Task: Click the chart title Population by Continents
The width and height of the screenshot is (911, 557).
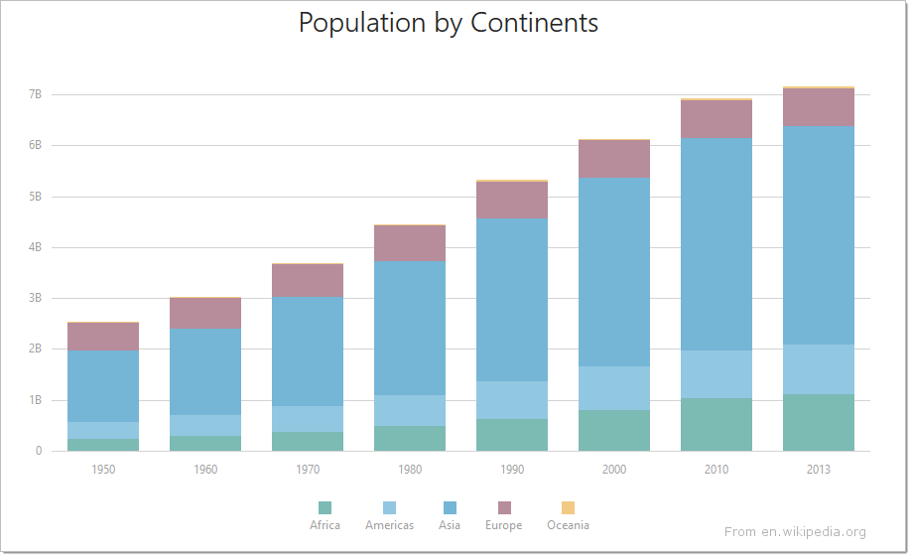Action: pyautogui.click(x=449, y=23)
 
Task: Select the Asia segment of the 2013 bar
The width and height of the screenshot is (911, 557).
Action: pyautogui.click(x=819, y=235)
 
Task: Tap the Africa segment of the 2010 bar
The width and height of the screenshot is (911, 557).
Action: pyautogui.click(x=716, y=424)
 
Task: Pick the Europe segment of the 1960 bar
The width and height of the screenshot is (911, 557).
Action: pyautogui.click(x=205, y=313)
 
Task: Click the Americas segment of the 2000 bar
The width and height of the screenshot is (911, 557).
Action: pyautogui.click(x=614, y=388)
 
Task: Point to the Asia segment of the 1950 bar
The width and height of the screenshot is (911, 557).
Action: pyautogui.click(x=103, y=386)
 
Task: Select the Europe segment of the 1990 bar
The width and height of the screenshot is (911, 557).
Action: pyautogui.click(x=512, y=200)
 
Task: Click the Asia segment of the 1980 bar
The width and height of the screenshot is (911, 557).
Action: pyautogui.click(x=410, y=328)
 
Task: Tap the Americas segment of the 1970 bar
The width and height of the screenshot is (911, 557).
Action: pyautogui.click(x=308, y=419)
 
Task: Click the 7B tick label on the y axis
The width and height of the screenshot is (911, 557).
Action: pyautogui.click(x=35, y=94)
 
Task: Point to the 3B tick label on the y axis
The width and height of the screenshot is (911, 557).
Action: pyautogui.click(x=35, y=298)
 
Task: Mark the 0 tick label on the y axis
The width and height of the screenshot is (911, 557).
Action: pyautogui.click(x=39, y=451)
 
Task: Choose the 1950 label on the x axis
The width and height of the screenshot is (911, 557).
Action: pyautogui.click(x=103, y=470)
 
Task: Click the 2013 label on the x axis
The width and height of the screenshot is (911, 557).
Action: pyautogui.click(x=819, y=470)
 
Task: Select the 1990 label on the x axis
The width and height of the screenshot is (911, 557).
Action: pyautogui.click(x=512, y=470)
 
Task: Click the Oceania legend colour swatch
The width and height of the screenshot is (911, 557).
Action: pyautogui.click(x=568, y=507)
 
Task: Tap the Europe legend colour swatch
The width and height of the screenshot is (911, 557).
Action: pyautogui.click(x=503, y=507)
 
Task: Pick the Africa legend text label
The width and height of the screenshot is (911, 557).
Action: pyautogui.click(x=325, y=525)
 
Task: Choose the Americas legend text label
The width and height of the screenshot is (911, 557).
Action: pyautogui.click(x=389, y=525)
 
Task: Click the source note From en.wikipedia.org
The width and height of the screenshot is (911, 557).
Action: pyautogui.click(x=795, y=532)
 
